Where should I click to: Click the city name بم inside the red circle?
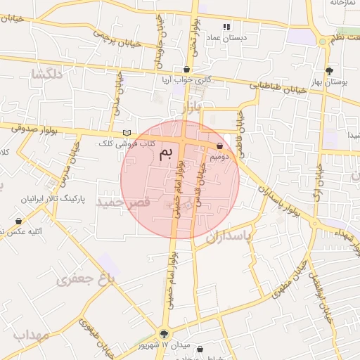click(165, 153)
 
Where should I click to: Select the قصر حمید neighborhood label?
click(124, 202)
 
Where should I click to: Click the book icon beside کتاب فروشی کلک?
click(127, 132)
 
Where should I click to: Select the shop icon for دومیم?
click(221, 146)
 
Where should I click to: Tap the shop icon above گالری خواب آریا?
click(186, 70)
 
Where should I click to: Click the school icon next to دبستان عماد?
click(226, 27)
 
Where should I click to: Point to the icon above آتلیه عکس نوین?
click(18, 221)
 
